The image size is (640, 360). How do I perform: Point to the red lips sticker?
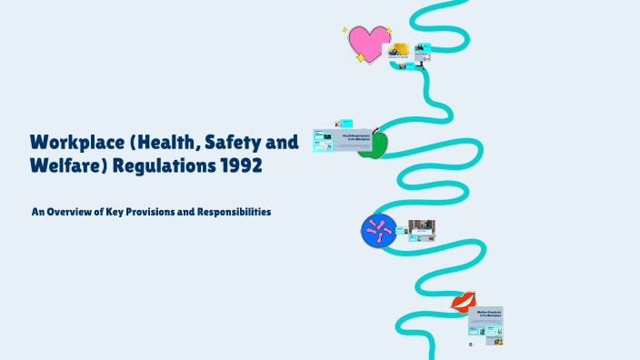464,302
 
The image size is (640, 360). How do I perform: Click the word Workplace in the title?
77,143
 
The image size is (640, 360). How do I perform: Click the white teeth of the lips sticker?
464,301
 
